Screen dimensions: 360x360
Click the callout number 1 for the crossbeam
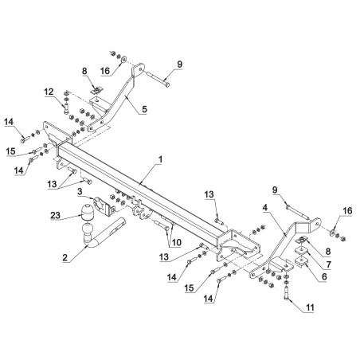point(160,159)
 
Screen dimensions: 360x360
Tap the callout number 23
point(55,215)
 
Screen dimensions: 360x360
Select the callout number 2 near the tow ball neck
point(65,257)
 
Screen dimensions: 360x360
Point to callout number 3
point(80,191)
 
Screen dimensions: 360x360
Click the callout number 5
point(144,109)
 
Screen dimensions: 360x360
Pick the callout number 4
point(264,208)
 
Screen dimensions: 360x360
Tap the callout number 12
point(49,92)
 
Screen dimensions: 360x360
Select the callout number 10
point(176,242)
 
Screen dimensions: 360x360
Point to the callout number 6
point(324,276)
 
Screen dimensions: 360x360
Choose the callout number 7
point(329,264)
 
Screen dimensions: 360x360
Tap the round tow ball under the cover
point(88,229)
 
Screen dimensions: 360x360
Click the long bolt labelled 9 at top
point(158,80)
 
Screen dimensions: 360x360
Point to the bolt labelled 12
point(66,108)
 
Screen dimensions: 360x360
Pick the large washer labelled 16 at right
point(331,233)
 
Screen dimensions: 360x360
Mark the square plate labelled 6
point(301,261)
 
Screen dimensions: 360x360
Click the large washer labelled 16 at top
point(123,60)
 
